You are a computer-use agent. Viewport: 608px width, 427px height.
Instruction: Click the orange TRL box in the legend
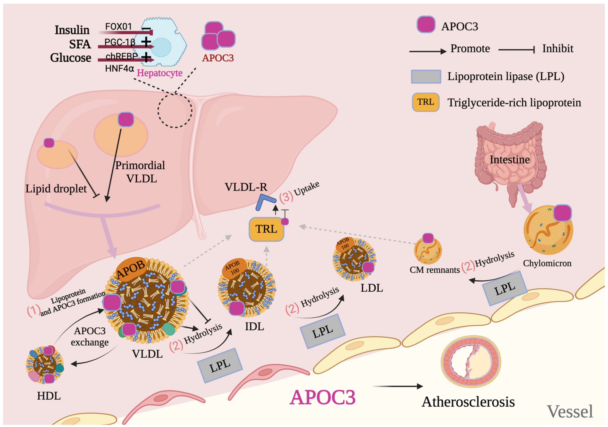pyautogui.click(x=425, y=102)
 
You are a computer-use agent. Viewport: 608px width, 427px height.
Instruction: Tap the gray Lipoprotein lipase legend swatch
pyautogui.click(x=426, y=77)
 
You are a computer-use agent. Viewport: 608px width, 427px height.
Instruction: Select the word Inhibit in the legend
pyautogui.click(x=557, y=49)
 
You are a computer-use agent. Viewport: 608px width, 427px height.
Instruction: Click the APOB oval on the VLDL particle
pyautogui.click(x=131, y=268)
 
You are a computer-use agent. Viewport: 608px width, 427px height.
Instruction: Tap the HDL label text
pyautogui.click(x=49, y=396)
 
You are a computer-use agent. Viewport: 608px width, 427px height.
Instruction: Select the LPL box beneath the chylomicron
pyautogui.click(x=505, y=289)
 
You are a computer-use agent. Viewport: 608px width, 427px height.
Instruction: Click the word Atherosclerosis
pyautogui.click(x=468, y=402)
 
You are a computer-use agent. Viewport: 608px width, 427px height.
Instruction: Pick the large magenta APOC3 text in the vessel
pyautogui.click(x=322, y=397)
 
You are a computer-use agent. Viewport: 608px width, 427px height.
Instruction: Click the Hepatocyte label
pyautogui.click(x=159, y=73)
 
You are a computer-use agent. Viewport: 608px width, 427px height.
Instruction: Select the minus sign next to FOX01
pyautogui.click(x=146, y=29)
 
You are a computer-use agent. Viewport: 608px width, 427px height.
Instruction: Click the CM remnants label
pyautogui.click(x=435, y=270)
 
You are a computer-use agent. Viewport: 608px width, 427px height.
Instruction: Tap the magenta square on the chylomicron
pyautogui.click(x=562, y=213)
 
